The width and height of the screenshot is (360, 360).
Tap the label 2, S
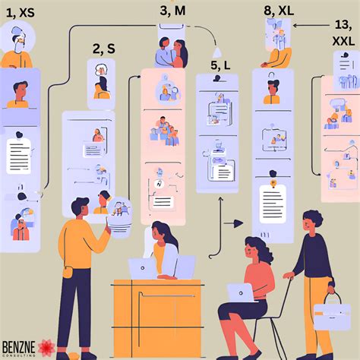click(104, 49)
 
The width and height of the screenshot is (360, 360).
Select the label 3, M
click(173, 11)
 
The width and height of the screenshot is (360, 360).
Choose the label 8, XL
click(278, 11)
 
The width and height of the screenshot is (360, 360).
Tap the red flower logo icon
click(46, 348)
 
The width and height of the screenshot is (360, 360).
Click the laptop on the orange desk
click(142, 268)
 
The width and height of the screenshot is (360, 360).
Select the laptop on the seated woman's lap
click(242, 292)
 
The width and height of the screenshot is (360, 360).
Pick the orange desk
click(157, 311)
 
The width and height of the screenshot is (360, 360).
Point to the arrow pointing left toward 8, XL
click(310, 25)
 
